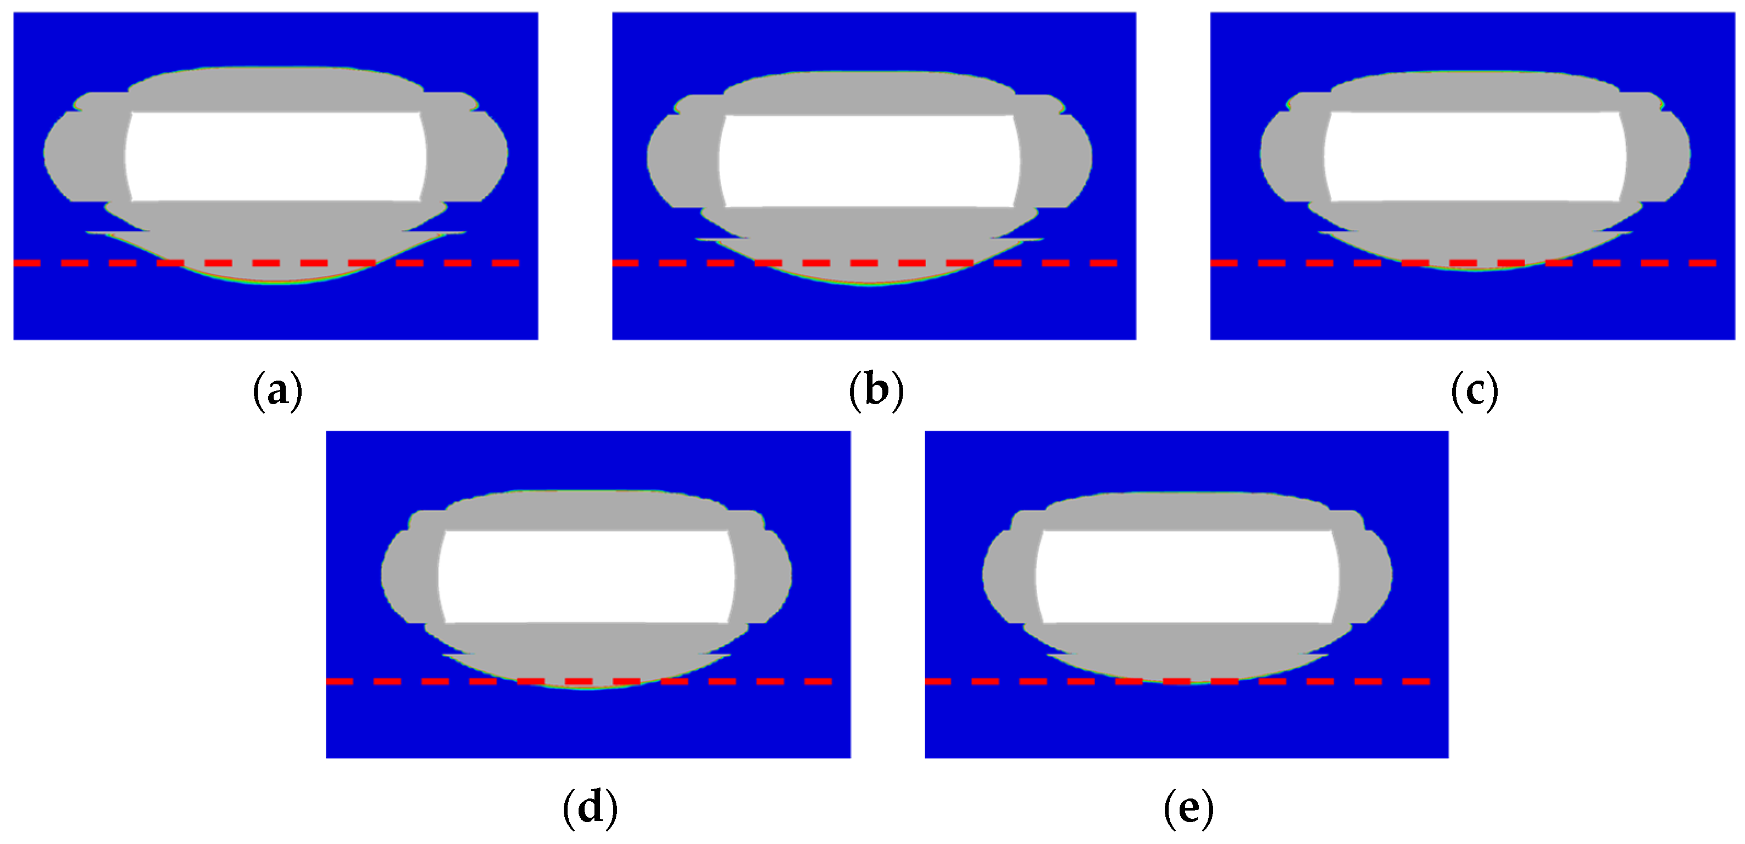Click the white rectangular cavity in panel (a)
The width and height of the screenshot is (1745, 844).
[276, 156]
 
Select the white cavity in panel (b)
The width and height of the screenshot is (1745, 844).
[869, 161]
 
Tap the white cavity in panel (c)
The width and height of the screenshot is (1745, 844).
[1475, 156]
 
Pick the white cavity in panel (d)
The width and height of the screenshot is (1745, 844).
[587, 576]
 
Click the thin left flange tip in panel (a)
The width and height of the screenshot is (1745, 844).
[95, 233]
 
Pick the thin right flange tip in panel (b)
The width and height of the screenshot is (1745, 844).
[1033, 239]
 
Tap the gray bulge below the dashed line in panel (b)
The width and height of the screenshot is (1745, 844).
[870, 275]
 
